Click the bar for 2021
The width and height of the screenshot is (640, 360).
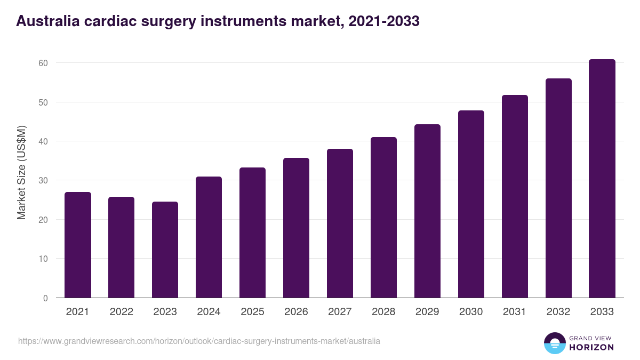pyautogui.click(x=78, y=245)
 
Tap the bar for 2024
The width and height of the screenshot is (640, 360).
pyautogui.click(x=209, y=237)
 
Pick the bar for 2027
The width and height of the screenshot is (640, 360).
pyautogui.click(x=340, y=223)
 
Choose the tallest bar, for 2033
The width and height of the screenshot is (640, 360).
pyautogui.click(x=602, y=179)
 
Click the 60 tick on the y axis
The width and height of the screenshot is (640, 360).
pyautogui.click(x=43, y=63)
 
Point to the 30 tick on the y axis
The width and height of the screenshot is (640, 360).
pyautogui.click(x=43, y=181)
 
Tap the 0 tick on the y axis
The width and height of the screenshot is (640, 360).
pyautogui.click(x=45, y=298)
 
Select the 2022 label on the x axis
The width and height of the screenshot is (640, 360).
pyautogui.click(x=122, y=312)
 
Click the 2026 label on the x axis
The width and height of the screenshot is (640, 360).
pyautogui.click(x=296, y=312)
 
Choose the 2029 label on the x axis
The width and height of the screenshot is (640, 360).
pyautogui.click(x=427, y=312)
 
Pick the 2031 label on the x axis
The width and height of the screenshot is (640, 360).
pyautogui.click(x=515, y=312)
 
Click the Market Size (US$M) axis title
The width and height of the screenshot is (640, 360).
pyautogui.click(x=21, y=172)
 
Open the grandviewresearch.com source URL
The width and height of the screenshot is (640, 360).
pyautogui.click(x=199, y=341)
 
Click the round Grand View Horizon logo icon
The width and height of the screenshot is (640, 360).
pyautogui.click(x=555, y=343)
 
